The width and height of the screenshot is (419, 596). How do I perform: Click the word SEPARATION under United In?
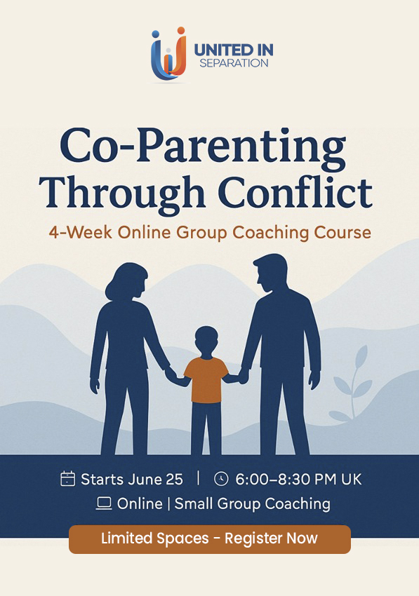(x=234, y=63)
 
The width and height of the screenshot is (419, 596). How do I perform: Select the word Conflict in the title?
(x=295, y=192)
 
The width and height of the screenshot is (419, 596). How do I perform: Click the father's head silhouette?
(x=271, y=272)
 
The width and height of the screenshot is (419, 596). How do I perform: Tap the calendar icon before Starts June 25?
(x=68, y=478)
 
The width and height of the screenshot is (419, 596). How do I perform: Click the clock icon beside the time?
(x=221, y=478)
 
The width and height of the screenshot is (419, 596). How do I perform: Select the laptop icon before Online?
(x=104, y=503)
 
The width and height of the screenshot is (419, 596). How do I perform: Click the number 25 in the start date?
(x=175, y=480)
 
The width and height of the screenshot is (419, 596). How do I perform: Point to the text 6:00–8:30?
(x=273, y=479)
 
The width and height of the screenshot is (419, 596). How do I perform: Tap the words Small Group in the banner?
(x=218, y=503)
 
